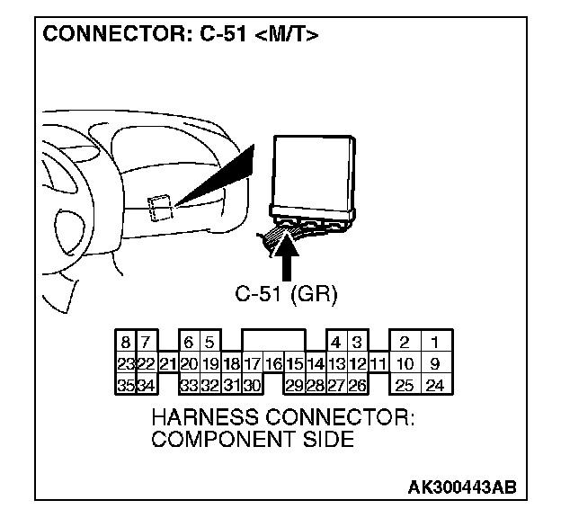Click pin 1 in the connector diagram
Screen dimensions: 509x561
click(434, 343)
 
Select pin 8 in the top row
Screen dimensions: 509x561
click(125, 343)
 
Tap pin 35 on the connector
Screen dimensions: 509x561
click(125, 386)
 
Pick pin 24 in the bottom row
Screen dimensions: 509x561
click(434, 386)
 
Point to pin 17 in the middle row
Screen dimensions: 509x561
click(252, 364)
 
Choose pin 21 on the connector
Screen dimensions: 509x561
click(167, 364)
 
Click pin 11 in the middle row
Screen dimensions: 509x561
click(378, 364)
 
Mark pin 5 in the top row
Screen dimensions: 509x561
click(209, 343)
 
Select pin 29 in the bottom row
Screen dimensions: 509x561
click(294, 386)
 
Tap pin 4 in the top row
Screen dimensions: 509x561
click(335, 343)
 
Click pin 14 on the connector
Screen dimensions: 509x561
click(315, 364)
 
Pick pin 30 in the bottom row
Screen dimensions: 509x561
click(252, 386)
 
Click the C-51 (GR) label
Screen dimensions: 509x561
click(286, 294)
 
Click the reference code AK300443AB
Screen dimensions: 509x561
click(462, 487)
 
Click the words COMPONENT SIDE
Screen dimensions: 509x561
click(253, 440)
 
